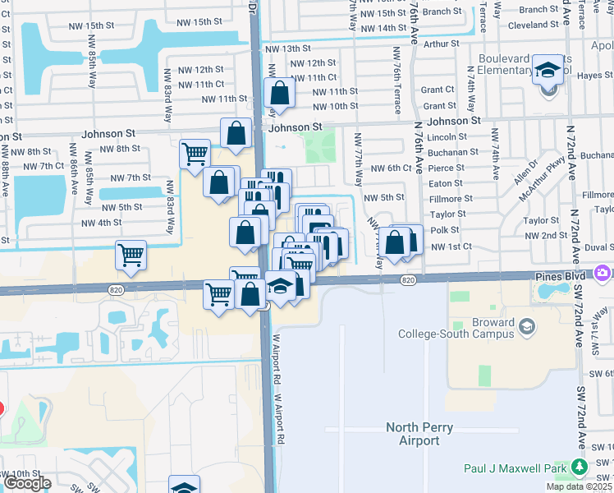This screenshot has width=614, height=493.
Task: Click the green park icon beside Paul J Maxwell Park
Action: [580, 468]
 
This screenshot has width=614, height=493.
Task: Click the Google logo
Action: [26, 483]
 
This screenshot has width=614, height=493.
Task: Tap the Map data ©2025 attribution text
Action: [579, 486]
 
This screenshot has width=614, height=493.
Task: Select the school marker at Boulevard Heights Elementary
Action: [547, 71]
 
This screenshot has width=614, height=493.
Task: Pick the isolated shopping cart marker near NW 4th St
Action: [131, 256]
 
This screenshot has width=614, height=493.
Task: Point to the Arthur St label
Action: [441, 44]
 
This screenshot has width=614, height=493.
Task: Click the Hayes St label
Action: [595, 75]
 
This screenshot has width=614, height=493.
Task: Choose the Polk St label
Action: [444, 230]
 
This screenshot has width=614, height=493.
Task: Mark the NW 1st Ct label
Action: [451, 246]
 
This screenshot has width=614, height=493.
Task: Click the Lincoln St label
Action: [447, 136]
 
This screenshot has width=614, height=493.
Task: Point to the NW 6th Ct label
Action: [390, 168]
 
